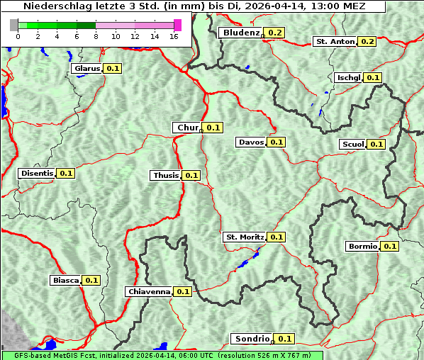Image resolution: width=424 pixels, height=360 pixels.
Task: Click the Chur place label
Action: coord(187,128)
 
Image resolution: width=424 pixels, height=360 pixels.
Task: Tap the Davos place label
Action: coord(251,142)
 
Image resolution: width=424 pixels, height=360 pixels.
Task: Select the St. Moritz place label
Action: coord(244,237)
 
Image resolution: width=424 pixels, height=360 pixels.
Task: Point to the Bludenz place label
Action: coord(240,33)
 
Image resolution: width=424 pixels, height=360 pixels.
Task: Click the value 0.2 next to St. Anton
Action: coord(367,42)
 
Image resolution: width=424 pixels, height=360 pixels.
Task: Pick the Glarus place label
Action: coord(87,68)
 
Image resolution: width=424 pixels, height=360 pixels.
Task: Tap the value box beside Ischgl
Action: coord(374,77)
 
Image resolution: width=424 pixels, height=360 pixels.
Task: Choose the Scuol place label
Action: coord(352,144)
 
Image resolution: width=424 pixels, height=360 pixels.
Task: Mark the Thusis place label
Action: coord(166,175)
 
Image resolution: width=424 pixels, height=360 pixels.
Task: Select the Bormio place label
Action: coord(362,247)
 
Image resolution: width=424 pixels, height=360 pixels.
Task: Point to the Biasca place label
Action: coord(65,280)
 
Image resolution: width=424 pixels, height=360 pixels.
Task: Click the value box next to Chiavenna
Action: coord(183,291)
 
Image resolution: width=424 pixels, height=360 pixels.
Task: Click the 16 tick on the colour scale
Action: coord(174,35)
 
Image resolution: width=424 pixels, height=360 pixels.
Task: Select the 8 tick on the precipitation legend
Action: coord(96,35)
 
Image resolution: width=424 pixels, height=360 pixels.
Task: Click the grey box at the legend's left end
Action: coord(14,25)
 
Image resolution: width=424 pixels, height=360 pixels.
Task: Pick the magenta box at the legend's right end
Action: coord(177,25)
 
